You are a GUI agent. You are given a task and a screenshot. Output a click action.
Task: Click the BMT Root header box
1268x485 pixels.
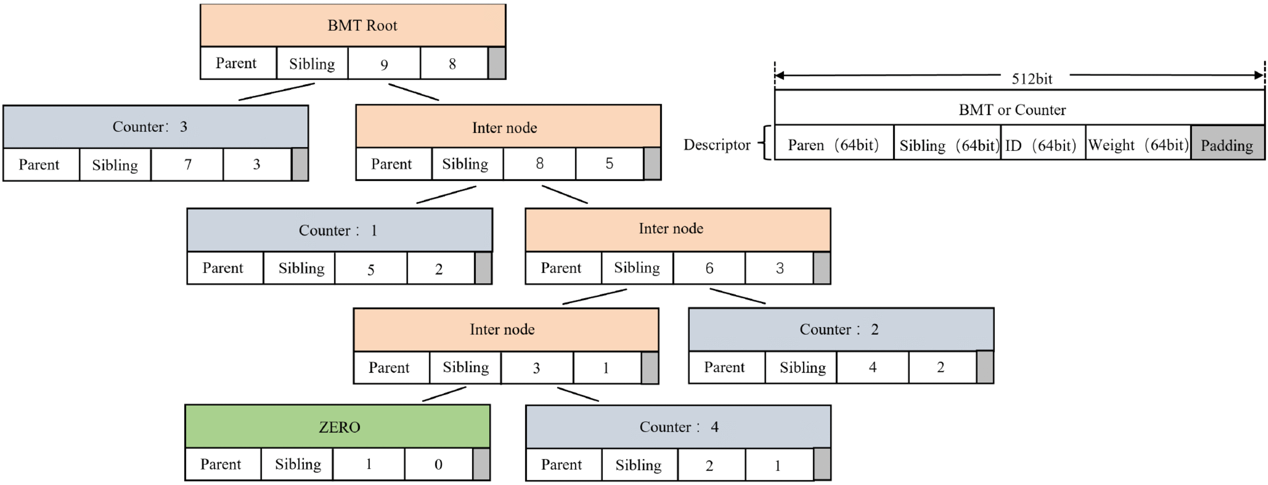(352, 26)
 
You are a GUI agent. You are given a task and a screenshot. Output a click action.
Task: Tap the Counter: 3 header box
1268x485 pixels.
(155, 127)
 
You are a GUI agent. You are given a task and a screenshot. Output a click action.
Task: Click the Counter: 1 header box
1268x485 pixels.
(340, 230)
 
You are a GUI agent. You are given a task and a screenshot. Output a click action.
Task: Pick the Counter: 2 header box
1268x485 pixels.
(841, 329)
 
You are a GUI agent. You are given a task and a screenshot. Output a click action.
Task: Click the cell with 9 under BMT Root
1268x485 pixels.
(384, 63)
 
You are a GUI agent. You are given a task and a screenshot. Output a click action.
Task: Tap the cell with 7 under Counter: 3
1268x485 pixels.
(187, 164)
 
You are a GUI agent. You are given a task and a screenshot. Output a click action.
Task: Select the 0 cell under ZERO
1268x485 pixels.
(438, 464)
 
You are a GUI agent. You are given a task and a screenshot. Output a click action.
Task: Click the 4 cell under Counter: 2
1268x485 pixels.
(872, 367)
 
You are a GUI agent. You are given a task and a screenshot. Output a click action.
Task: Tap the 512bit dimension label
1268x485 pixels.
(1032, 79)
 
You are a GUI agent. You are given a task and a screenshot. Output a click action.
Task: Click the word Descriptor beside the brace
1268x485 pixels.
(717, 145)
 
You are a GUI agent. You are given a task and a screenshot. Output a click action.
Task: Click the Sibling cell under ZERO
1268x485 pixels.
(297, 464)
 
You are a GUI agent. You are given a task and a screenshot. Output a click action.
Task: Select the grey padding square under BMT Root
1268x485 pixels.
(497, 63)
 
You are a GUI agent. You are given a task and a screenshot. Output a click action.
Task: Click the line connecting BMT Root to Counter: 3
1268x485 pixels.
(277, 92)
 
